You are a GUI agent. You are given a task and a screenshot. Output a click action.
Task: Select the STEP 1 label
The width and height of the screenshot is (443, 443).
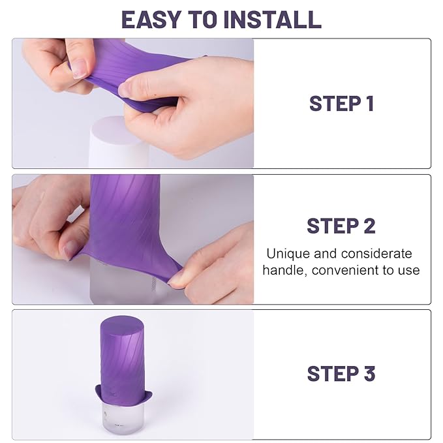point(341,104)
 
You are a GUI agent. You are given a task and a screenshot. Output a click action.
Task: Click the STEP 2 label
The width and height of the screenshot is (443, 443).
point(341,226)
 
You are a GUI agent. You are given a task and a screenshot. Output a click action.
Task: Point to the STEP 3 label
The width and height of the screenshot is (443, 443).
point(341,374)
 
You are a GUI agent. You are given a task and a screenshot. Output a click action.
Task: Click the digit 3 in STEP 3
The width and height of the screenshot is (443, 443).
point(369,374)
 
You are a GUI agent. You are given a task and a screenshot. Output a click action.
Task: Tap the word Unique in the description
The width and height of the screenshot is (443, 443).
point(286,254)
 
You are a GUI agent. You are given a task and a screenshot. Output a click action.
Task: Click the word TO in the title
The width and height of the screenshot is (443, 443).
point(204,19)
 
